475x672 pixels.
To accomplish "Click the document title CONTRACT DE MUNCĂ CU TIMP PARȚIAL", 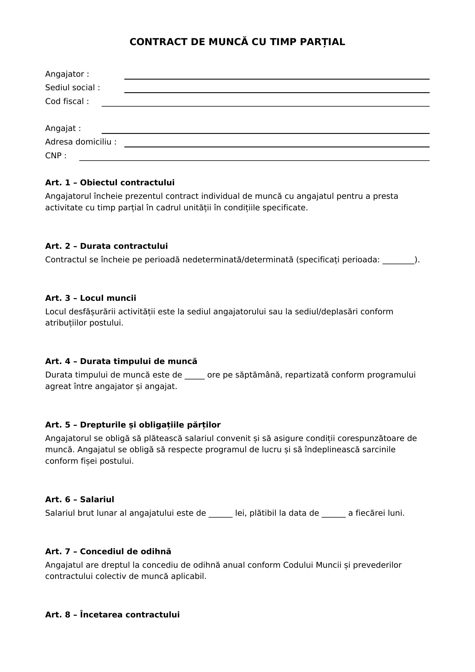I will point(237,42).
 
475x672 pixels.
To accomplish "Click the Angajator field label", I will point(67,74).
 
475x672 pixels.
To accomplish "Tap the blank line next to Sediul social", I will point(277,92).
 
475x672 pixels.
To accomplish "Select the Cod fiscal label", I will point(67,101).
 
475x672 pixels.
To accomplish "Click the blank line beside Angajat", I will point(265,133).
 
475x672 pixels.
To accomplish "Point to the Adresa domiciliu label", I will point(81,142).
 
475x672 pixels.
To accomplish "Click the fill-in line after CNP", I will point(254,160).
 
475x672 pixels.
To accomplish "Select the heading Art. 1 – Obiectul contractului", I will point(110,183).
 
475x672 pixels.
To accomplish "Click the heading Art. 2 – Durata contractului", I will point(107,246).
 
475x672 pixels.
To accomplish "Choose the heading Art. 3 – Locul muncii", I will point(91,298).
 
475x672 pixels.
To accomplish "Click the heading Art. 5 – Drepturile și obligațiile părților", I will point(133,425).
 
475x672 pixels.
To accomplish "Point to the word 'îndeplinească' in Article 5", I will point(332,450).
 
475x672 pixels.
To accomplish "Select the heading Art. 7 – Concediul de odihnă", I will point(108,552).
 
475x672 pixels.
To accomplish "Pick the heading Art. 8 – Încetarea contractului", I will point(112,615).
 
